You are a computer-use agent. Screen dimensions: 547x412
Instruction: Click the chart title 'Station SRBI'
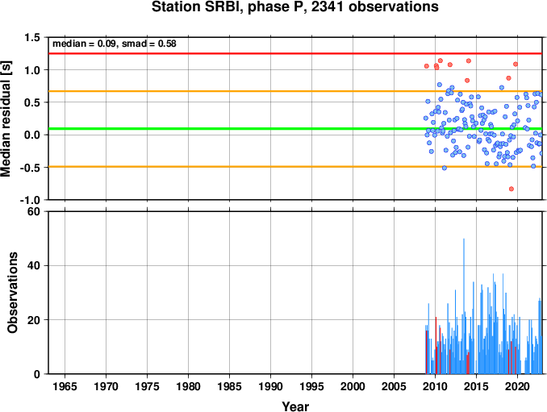pyautogui.click(x=194, y=7)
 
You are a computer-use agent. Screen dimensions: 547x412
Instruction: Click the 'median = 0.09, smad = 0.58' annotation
pyautogui.click(x=115, y=44)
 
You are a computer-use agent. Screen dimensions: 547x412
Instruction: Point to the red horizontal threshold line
pyautogui.click(x=295, y=53)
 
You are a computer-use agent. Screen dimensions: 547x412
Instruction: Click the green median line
pyautogui.click(x=295, y=129)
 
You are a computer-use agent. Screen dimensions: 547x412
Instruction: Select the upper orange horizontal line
pyautogui.click(x=295, y=91)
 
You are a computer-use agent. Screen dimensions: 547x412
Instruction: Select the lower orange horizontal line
pyautogui.click(x=295, y=167)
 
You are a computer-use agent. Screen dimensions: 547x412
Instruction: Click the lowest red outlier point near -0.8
pyautogui.click(x=512, y=189)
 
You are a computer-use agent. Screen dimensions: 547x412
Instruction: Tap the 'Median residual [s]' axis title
pyautogui.click(x=6, y=119)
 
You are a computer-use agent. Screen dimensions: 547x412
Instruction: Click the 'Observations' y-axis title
pyautogui.click(x=13, y=293)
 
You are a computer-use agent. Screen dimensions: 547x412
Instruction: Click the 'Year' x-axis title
pyautogui.click(x=295, y=406)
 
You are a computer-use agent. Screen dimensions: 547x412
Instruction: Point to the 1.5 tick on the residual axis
pyautogui.click(x=33, y=38)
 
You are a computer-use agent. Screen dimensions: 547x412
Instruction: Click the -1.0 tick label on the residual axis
pyautogui.click(x=30, y=200)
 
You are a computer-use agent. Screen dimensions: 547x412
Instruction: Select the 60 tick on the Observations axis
pyautogui.click(x=34, y=211)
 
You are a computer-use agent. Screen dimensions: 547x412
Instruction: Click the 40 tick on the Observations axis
pyautogui.click(x=34, y=265)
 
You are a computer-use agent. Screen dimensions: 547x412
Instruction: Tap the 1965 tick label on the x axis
pyautogui.click(x=65, y=386)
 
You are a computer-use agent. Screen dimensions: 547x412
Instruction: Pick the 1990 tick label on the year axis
pyautogui.click(x=271, y=386)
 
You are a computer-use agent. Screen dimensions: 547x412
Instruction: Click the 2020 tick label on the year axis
pyautogui.click(x=518, y=386)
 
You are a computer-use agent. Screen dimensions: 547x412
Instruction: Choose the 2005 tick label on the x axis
pyautogui.click(x=395, y=386)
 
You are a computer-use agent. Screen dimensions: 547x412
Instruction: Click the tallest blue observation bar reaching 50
pyautogui.click(x=464, y=306)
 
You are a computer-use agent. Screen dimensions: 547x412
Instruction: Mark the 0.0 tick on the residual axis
pyautogui.click(x=33, y=135)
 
